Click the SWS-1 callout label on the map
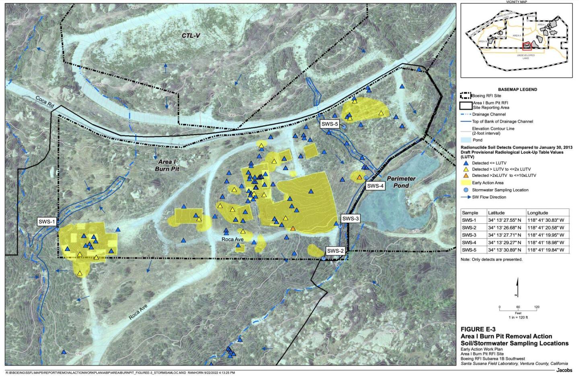(47, 221)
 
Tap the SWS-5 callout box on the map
(330, 124)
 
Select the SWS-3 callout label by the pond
(350, 219)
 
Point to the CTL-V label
(191, 36)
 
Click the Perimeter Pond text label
(401, 182)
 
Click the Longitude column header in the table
(537, 212)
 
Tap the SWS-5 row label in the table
(470, 250)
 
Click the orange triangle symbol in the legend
(466, 176)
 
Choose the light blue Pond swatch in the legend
(466, 140)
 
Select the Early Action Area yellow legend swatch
(466, 183)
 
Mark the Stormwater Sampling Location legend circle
(466, 190)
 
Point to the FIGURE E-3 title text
(478, 329)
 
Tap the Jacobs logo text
(564, 370)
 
